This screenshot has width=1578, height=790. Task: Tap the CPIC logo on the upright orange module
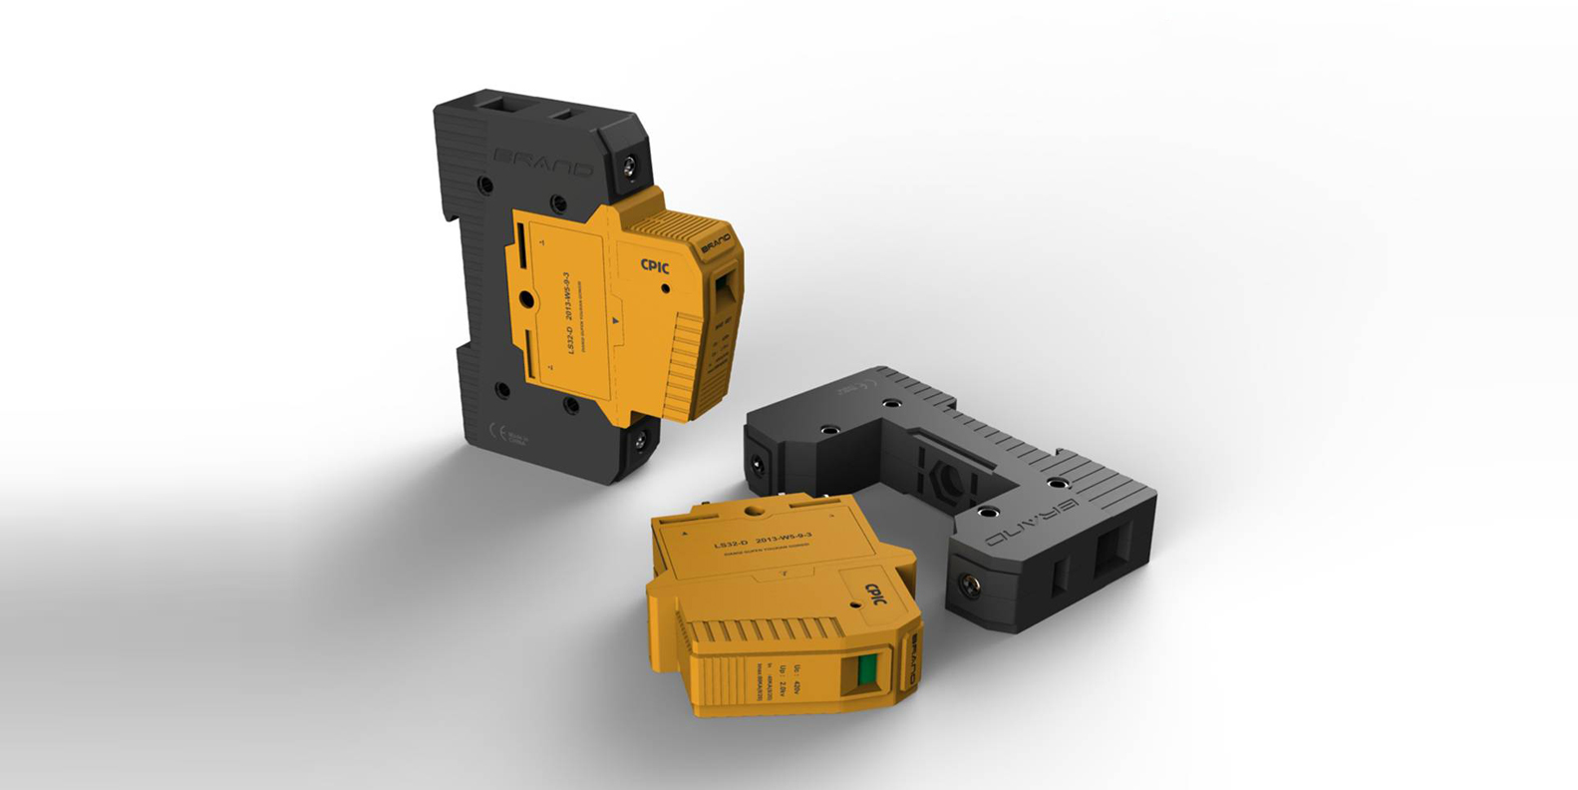pyautogui.click(x=656, y=265)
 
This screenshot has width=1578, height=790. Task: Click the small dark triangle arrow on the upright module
pyautogui.click(x=616, y=320)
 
